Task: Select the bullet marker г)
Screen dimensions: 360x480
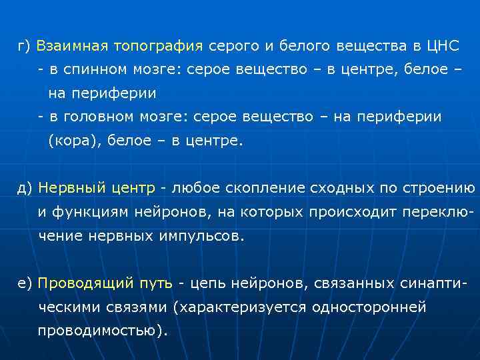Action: coord(25,47)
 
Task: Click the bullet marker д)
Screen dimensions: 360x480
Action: coord(25,188)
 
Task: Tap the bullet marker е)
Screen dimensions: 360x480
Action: coord(25,283)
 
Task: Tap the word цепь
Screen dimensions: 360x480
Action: coord(206,283)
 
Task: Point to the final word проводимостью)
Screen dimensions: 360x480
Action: coord(103,331)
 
